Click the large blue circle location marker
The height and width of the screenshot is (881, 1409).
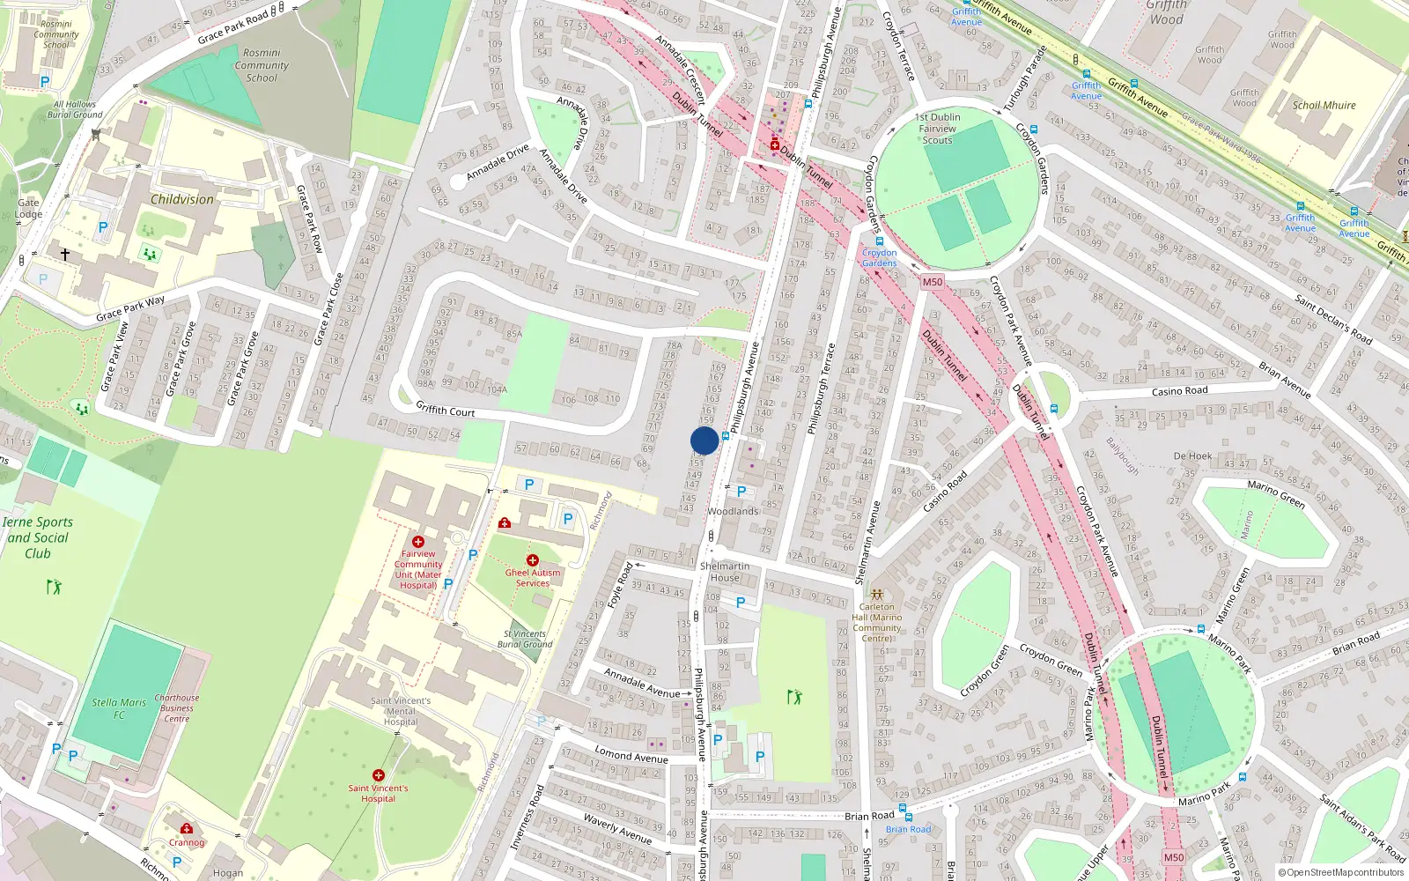coord(704,440)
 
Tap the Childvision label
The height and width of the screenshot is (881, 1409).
coord(182,199)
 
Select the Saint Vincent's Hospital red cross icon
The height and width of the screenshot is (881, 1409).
coord(378,775)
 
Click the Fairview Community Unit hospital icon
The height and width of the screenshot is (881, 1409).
coord(418,542)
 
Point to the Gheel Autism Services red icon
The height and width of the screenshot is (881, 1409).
coord(532,560)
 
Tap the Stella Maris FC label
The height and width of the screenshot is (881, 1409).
coord(119,708)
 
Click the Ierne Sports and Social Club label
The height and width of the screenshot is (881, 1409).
coord(37,537)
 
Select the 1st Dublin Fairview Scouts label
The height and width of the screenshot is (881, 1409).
coord(938,129)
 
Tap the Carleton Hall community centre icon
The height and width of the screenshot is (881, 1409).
coord(876,595)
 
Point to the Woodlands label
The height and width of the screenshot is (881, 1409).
coord(733,511)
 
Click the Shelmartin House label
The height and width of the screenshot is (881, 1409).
coord(725,572)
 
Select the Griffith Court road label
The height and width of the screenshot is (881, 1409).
coord(445,411)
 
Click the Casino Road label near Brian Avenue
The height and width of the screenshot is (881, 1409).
coord(1179,391)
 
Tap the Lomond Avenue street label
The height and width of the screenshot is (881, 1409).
coord(631,755)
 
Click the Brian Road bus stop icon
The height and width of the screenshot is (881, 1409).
coord(903,807)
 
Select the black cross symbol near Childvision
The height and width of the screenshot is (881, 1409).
coord(64,254)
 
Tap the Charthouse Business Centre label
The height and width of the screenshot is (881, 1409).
coord(177,708)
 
